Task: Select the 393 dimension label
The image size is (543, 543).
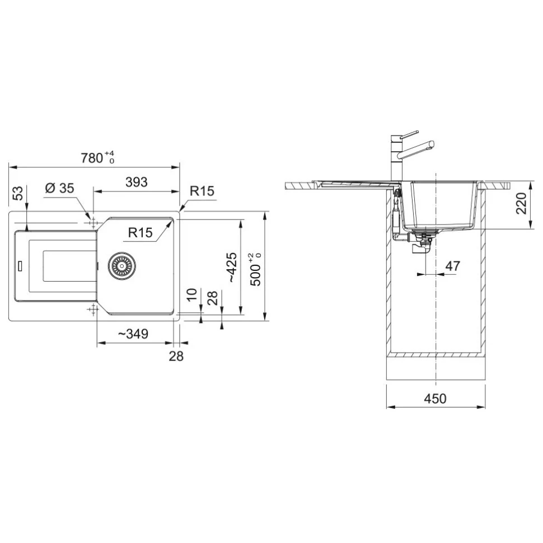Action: pyautogui.click(x=137, y=182)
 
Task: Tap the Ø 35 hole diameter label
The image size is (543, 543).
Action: pyautogui.click(x=59, y=188)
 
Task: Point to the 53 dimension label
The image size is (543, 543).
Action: pyautogui.click(x=18, y=193)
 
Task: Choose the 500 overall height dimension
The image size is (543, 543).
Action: pyautogui.click(x=256, y=269)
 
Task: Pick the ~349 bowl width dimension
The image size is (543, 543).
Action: pyautogui.click(x=133, y=334)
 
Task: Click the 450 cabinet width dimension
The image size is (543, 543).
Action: pyautogui.click(x=436, y=399)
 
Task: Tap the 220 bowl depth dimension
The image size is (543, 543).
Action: pyautogui.click(x=521, y=203)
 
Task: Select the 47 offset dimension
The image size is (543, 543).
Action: pyautogui.click(x=453, y=266)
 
